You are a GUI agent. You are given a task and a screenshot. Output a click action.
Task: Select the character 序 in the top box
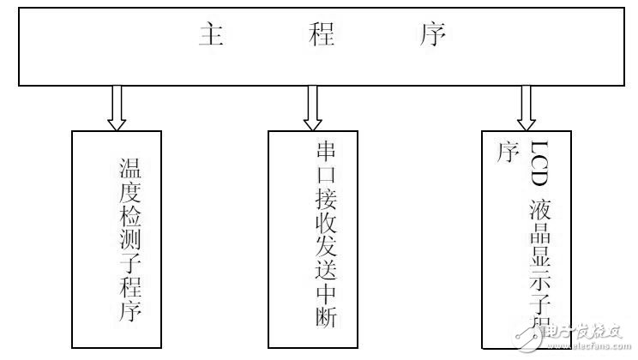pyautogui.click(x=435, y=35)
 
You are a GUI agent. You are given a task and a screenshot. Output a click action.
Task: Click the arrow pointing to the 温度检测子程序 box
pyautogui.click(x=118, y=106)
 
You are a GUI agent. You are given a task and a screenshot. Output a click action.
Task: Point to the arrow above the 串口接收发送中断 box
pyautogui.click(x=313, y=106)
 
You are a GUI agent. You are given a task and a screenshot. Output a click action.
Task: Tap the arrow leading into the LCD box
pyautogui.click(x=526, y=106)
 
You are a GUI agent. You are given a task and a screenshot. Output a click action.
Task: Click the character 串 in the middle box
pyautogui.click(x=325, y=152)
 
